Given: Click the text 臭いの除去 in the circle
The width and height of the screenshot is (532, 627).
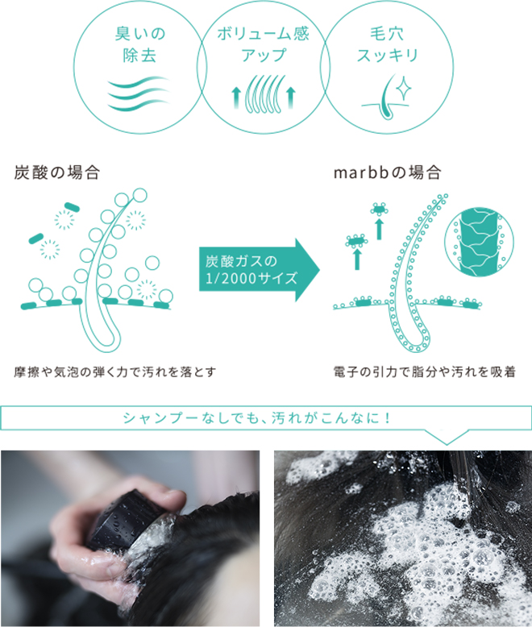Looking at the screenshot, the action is point(139,44).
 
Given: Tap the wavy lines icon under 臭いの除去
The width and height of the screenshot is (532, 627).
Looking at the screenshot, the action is point(139,93).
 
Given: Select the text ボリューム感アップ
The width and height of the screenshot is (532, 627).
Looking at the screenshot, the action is point(264,44).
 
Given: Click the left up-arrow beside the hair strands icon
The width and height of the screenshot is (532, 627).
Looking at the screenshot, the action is point(236,98).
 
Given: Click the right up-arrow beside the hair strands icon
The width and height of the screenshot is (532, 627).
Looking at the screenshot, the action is point(291,98).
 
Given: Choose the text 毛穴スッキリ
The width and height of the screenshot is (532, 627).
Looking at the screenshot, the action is point(387,44).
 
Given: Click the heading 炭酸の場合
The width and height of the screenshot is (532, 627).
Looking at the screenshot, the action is point(56,172).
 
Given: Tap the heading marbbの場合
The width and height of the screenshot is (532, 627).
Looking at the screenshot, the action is point(388,172).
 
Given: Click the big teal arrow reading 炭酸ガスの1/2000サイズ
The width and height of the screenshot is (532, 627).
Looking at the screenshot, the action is point(260,269).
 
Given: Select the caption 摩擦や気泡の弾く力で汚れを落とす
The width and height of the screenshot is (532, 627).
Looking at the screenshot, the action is point(114,372).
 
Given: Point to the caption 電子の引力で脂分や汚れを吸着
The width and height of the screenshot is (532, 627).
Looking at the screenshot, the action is point(425,372).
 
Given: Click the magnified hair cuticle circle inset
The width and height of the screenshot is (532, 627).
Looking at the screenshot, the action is point(479,242).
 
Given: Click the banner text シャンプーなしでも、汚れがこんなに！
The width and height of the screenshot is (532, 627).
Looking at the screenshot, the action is point(257,418).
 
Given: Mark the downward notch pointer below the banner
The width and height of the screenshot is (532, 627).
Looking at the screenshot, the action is point(446,438).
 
